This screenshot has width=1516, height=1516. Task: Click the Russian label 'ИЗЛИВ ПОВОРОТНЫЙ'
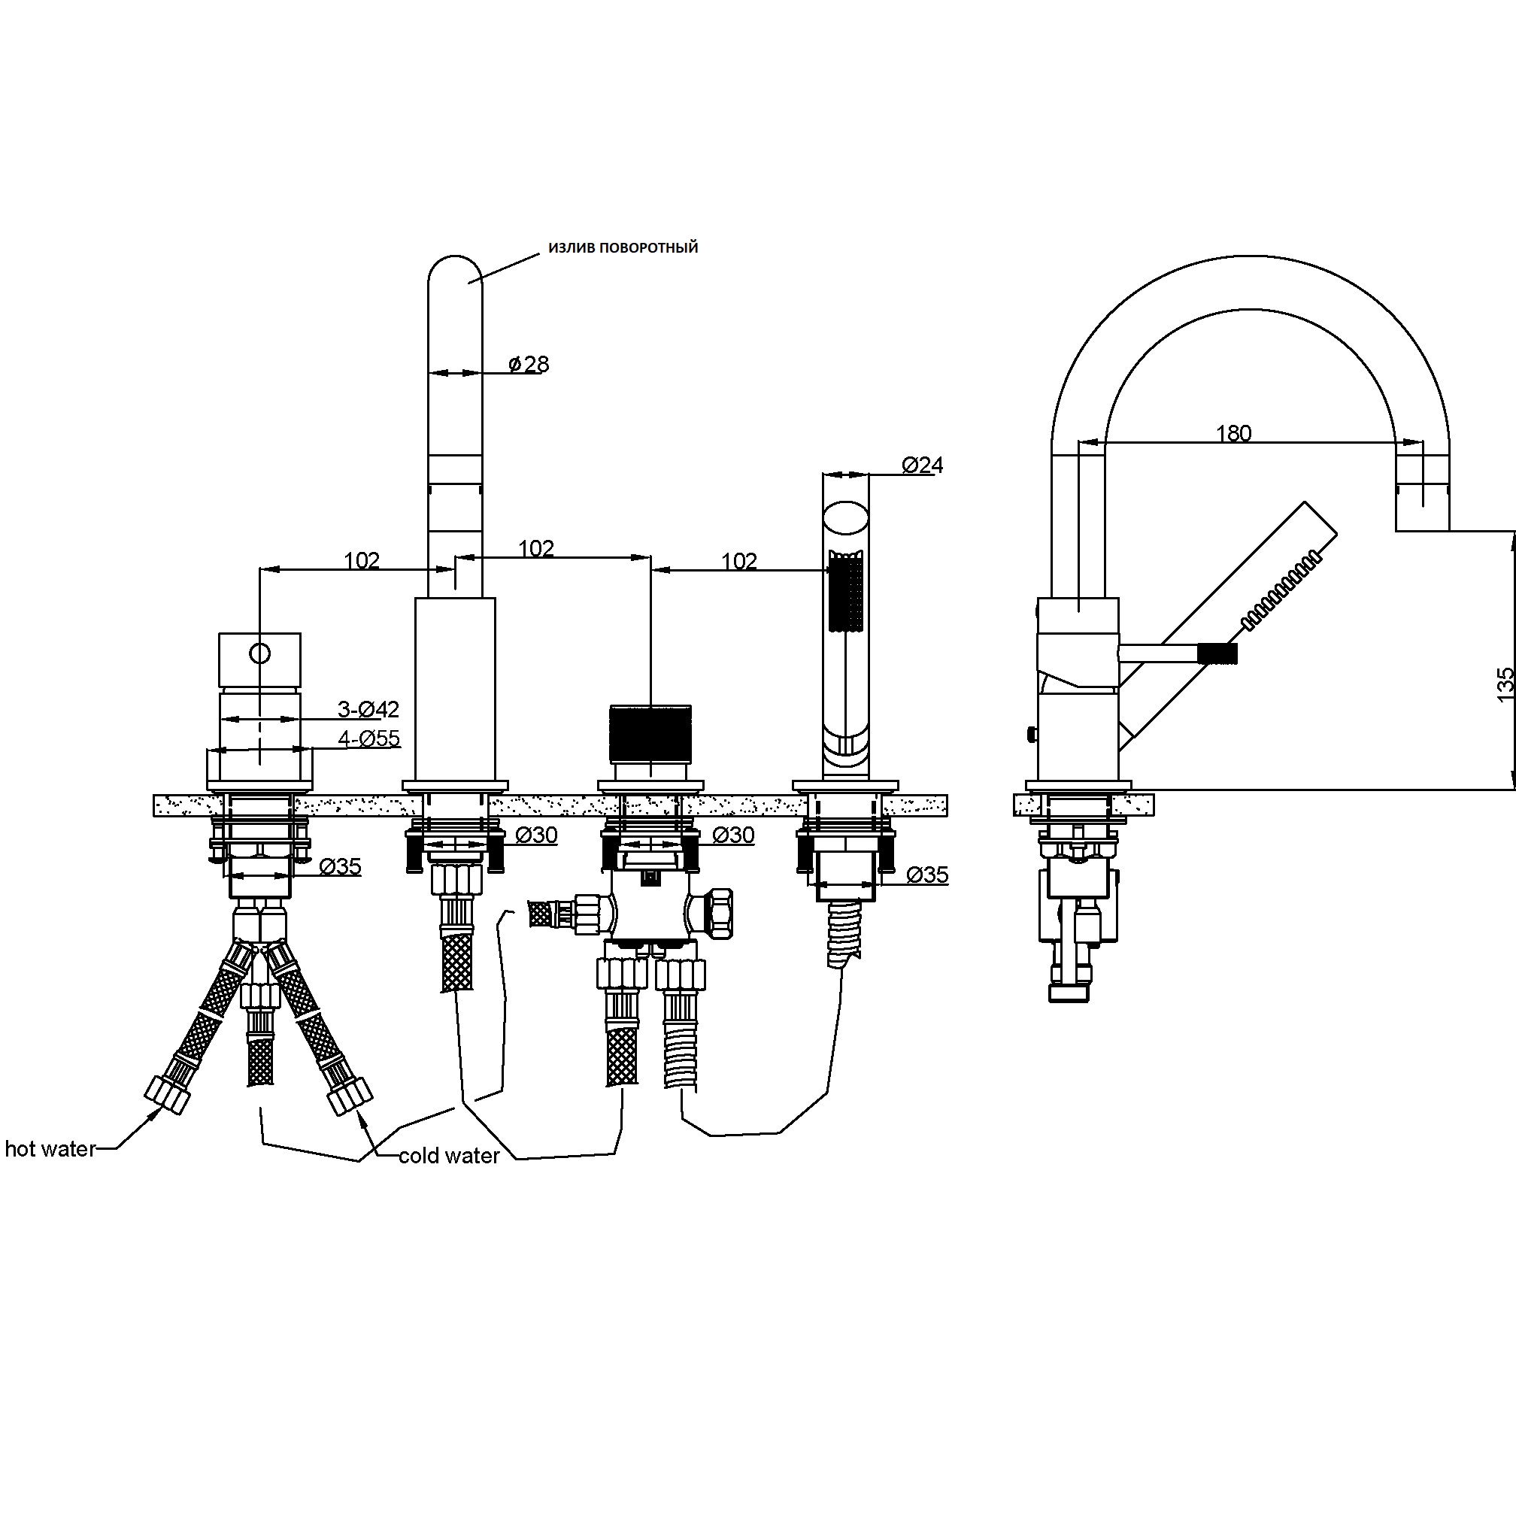(x=623, y=248)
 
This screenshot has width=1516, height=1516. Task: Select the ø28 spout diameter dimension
(x=529, y=364)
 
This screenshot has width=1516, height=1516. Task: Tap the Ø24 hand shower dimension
(x=923, y=465)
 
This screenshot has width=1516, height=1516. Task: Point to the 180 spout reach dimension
(x=1233, y=433)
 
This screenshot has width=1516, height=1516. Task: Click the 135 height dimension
(x=1504, y=684)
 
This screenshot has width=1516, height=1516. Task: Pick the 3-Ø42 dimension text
(x=368, y=709)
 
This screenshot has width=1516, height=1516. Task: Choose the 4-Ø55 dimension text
(x=368, y=738)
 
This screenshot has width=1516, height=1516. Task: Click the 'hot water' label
(x=50, y=1149)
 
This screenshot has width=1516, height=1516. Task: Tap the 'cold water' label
(x=449, y=1156)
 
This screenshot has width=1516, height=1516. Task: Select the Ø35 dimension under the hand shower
(x=927, y=874)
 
